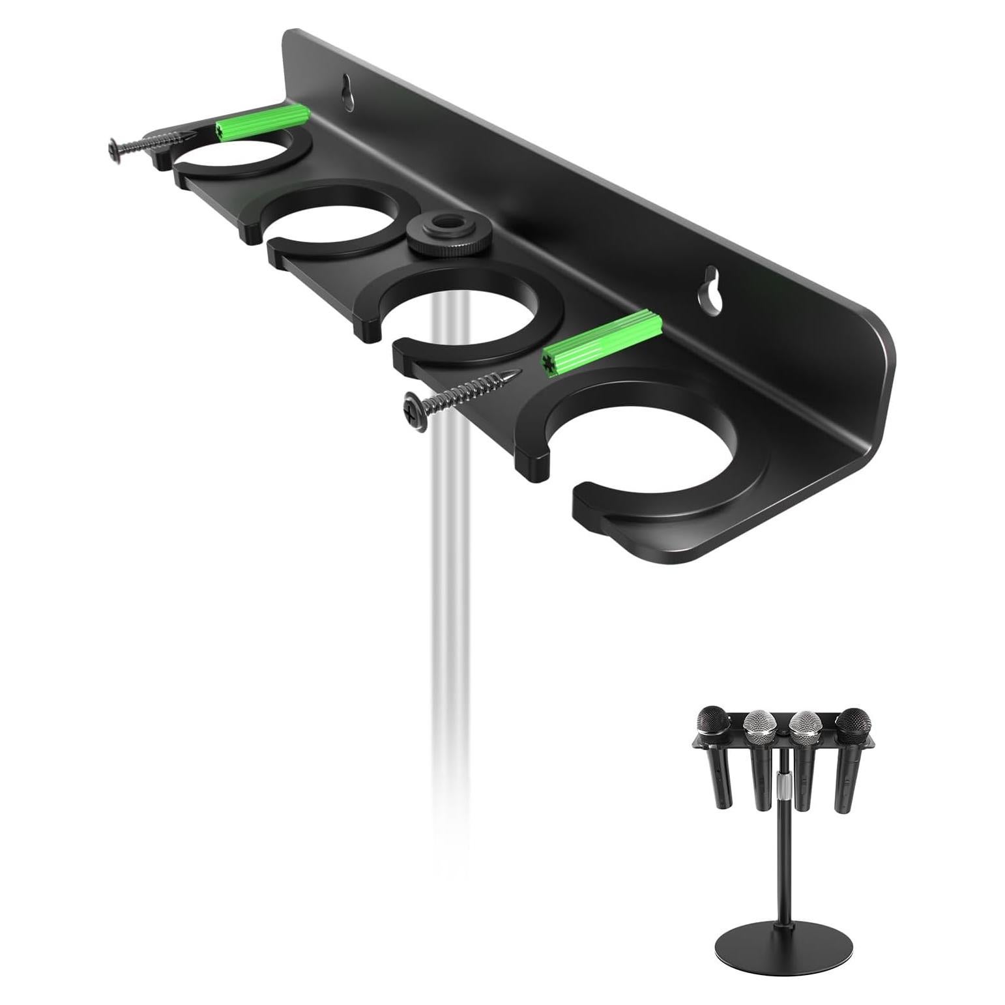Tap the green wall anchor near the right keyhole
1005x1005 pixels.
(602, 344)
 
